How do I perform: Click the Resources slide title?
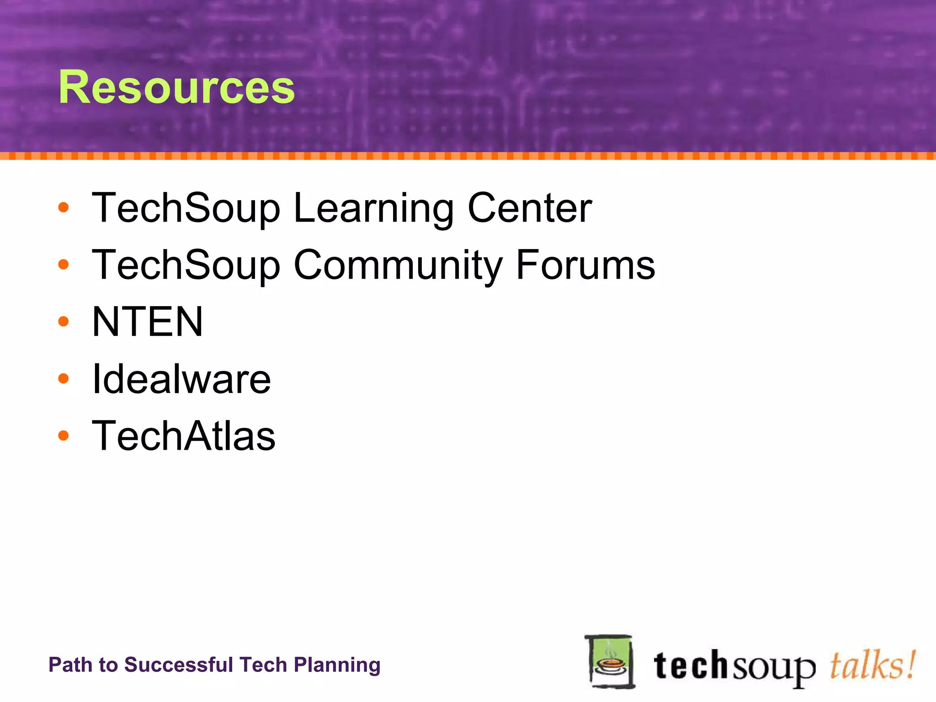pos(176,87)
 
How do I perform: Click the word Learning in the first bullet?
pos(373,208)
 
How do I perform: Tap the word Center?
pos(530,208)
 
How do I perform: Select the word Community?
pos(398,265)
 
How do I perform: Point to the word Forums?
pos(585,265)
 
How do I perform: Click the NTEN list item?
pos(147,322)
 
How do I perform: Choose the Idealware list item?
pos(181,379)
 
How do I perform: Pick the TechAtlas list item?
pos(184,436)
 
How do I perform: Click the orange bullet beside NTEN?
pos(64,322)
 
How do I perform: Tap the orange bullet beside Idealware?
pos(64,379)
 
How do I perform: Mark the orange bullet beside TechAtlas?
pos(64,436)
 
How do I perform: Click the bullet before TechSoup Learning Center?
pos(64,208)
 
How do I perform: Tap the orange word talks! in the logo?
pos(872,665)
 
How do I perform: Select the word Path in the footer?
pos(68,665)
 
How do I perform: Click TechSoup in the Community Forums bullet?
pos(186,265)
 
